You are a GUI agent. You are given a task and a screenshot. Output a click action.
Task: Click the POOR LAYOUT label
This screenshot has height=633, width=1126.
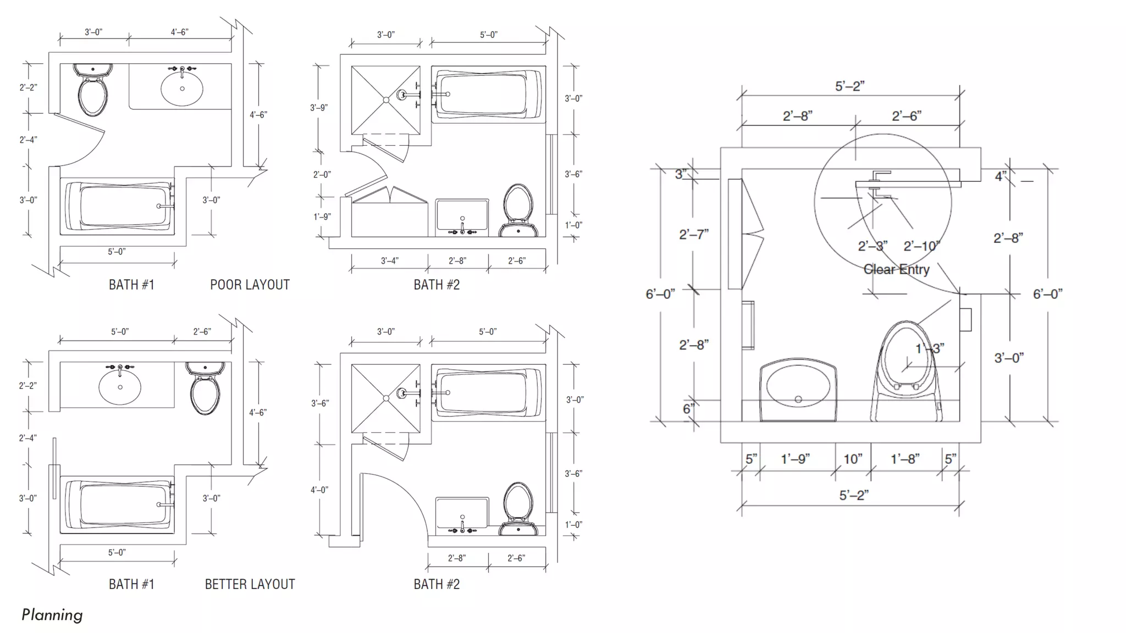coord(250,285)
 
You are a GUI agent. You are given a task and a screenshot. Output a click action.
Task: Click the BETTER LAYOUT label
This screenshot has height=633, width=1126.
coord(250,584)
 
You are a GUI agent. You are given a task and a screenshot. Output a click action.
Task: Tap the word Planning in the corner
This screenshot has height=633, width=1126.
coord(52,614)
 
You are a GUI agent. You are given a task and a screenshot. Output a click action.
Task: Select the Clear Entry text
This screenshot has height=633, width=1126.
coord(896,269)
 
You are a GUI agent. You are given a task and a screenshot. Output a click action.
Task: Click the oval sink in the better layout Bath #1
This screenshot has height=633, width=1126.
coord(120,387)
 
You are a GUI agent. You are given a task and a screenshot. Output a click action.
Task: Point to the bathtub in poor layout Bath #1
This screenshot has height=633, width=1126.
coord(118,206)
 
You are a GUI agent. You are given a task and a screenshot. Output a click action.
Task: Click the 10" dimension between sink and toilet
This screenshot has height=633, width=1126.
coord(853,459)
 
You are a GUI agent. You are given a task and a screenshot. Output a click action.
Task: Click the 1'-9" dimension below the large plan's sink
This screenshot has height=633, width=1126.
coord(795,459)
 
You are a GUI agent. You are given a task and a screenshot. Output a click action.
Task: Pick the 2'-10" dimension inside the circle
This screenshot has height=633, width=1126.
coord(921,246)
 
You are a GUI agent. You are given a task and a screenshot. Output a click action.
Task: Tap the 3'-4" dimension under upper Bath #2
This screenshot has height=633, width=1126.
coord(389,260)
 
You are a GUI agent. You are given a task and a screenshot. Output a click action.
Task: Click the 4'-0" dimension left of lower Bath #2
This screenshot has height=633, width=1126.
coord(319,490)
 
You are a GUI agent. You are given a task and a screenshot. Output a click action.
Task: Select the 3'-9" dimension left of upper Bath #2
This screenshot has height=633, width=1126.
coord(319,108)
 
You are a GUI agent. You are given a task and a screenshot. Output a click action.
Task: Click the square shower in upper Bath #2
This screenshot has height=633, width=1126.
coord(386,100)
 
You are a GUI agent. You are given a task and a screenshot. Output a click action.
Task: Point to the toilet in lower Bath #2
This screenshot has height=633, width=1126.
coord(518,508)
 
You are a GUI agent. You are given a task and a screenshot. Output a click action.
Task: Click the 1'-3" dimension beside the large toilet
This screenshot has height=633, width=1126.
coord(929,348)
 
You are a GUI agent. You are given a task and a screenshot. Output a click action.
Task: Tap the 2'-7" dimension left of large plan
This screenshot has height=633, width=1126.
coord(694,235)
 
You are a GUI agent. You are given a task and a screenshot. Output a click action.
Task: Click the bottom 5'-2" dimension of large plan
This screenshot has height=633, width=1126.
coord(854,495)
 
